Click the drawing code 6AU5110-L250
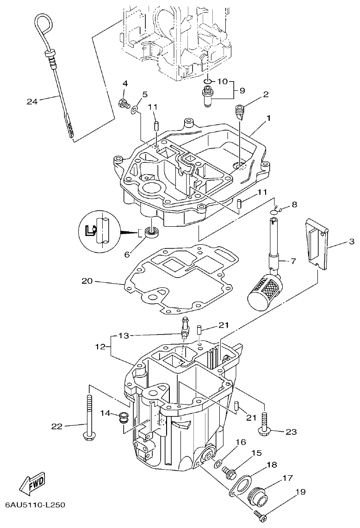tap(35, 504)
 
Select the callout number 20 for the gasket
tap(87, 280)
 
